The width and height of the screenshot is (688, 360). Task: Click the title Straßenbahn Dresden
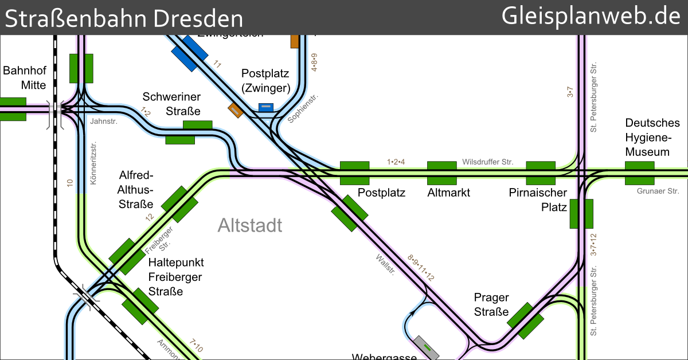[124, 18]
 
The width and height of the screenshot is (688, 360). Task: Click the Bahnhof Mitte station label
[24, 78]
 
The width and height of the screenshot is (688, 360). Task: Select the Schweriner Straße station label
[171, 104]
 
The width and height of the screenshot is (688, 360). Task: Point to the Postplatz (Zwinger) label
[265, 81]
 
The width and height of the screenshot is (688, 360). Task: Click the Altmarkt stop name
[448, 193]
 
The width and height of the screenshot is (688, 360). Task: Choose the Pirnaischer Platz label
[538, 199]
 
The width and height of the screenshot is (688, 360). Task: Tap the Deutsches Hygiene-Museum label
[652, 138]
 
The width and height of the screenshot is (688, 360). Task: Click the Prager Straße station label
[491, 304]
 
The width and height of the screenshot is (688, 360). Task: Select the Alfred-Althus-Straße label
[136, 189]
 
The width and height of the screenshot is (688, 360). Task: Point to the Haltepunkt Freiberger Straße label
[175, 277]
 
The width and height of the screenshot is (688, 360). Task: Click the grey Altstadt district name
[250, 225]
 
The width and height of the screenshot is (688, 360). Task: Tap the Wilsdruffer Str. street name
[487, 162]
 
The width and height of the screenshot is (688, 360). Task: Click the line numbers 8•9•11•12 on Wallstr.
[420, 267]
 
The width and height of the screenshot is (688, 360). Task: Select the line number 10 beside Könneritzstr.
[70, 183]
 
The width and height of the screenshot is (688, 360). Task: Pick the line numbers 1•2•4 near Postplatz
[396, 162]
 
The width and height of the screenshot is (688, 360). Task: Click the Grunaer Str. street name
[658, 191]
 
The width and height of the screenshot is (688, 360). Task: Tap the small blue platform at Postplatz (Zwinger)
[265, 107]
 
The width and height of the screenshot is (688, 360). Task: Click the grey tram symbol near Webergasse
[427, 346]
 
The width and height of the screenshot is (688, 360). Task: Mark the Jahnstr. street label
[103, 121]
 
